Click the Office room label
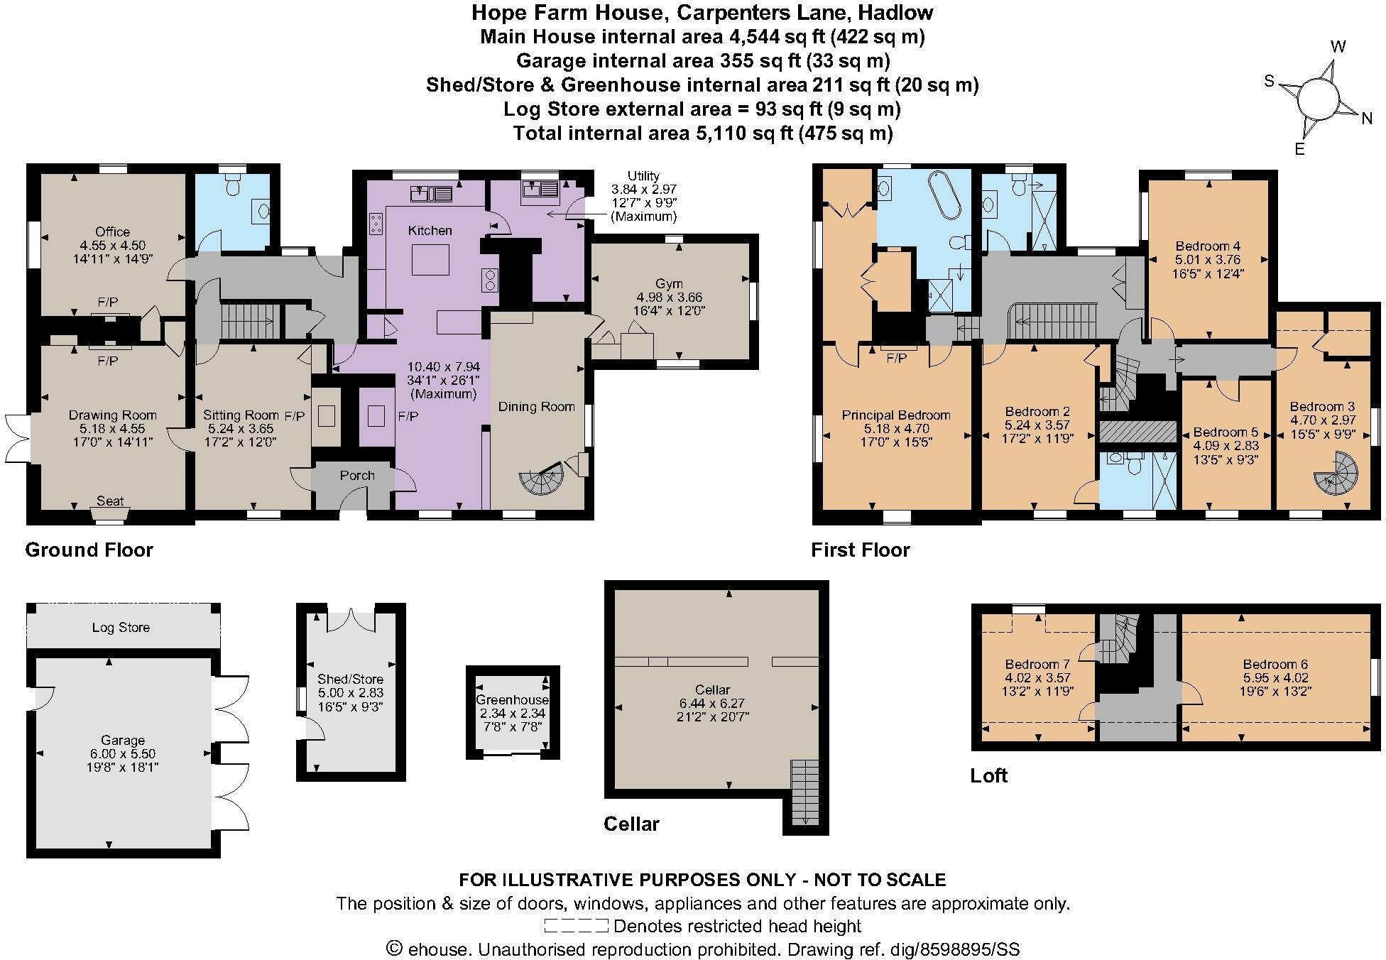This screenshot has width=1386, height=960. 112,231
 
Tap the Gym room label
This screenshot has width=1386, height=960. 669,284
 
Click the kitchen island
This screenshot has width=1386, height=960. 430,259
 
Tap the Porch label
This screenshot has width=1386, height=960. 356,476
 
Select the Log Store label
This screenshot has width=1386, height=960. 121,628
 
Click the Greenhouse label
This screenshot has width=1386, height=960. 512,700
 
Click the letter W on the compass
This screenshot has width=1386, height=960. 1338,48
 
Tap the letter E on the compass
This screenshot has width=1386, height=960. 1299,149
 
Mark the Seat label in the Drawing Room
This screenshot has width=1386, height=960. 110,501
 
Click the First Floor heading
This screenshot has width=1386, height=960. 860,550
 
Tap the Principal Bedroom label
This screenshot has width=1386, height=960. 895,415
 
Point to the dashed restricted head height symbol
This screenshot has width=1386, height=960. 576,926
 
